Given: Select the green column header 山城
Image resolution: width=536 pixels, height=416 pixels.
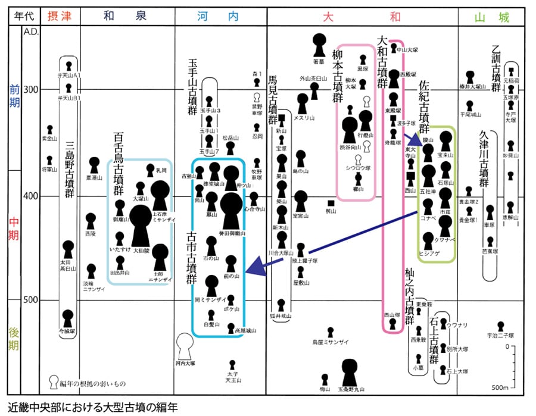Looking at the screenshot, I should coord(492,17).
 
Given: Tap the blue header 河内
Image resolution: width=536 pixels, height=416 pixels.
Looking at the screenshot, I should coord(217,17).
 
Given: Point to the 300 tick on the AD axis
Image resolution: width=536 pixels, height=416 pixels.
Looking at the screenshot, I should coord(30,90).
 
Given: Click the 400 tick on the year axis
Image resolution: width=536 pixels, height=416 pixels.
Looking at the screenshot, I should coord(30,196).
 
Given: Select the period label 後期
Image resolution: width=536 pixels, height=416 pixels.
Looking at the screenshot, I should coord(13,337).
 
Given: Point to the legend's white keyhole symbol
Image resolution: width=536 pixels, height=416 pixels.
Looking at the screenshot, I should coord(54,382).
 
